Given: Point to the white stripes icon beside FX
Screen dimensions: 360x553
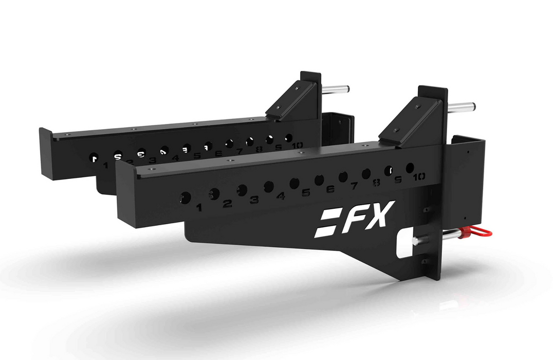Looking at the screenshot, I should point(325,223).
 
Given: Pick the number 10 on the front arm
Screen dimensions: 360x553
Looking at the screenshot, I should point(418,177).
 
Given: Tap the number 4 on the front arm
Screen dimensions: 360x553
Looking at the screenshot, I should point(280,196).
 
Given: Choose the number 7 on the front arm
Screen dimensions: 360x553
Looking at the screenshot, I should point(354,185).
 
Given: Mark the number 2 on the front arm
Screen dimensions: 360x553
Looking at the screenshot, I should point(227,204).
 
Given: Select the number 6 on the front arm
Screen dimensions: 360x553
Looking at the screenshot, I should point(330,189).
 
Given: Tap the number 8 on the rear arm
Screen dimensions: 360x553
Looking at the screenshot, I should point(259,149).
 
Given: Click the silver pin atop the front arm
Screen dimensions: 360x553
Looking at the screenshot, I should point(463,107).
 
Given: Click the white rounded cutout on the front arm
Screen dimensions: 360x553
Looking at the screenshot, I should point(406,242).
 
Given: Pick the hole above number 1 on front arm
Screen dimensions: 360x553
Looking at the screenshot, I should point(186,196).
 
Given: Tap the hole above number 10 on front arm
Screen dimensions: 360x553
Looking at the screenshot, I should point(410,168).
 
